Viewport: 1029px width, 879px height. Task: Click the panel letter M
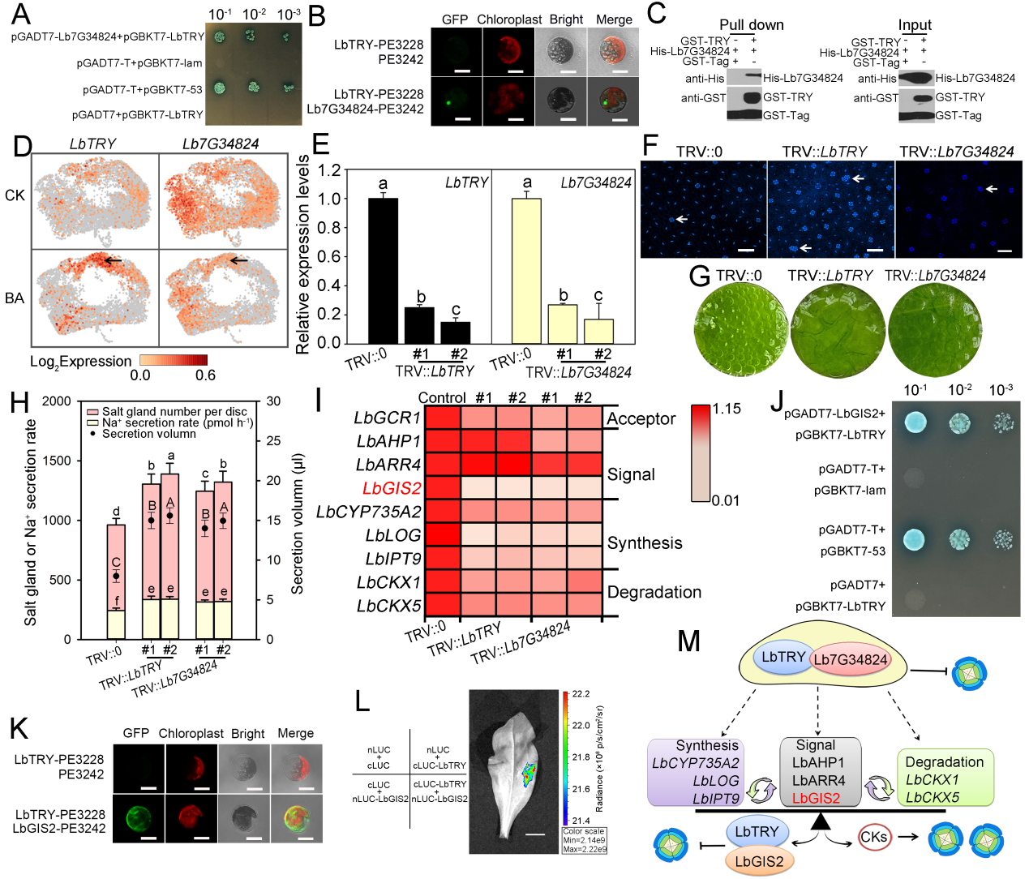(688, 641)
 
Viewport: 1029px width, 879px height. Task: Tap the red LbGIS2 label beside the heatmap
(392, 488)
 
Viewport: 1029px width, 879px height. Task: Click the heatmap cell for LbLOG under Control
(443, 535)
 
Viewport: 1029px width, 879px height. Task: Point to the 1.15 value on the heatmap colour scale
(727, 409)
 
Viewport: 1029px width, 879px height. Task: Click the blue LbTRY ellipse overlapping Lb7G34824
(782, 657)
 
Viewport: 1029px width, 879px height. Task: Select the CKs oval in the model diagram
(873, 837)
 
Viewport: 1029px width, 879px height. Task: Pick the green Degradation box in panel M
(944, 778)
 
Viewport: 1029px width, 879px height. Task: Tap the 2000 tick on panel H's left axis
(57, 401)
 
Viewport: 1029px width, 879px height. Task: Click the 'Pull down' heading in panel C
(751, 25)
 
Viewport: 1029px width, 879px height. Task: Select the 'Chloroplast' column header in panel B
(508, 19)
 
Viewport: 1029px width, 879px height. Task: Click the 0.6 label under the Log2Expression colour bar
(205, 375)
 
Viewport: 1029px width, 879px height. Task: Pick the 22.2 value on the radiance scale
(581, 694)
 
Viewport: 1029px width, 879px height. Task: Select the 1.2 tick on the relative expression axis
(328, 170)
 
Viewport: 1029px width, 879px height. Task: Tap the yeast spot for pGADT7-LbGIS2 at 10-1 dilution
(915, 422)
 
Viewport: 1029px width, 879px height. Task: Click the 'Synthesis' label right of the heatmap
(645, 543)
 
